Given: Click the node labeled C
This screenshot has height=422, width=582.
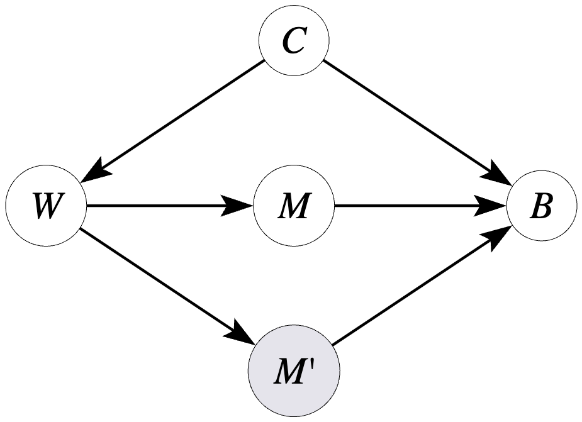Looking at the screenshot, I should pyautogui.click(x=294, y=42).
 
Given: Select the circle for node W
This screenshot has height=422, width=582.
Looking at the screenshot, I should pyautogui.click(x=47, y=207).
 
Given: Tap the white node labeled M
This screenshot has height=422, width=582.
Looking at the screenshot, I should pyautogui.click(x=294, y=207).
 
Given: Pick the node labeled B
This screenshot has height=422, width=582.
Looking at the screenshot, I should pyautogui.click(x=541, y=207).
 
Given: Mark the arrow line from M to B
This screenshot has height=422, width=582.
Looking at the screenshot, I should pyautogui.click(x=415, y=206).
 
